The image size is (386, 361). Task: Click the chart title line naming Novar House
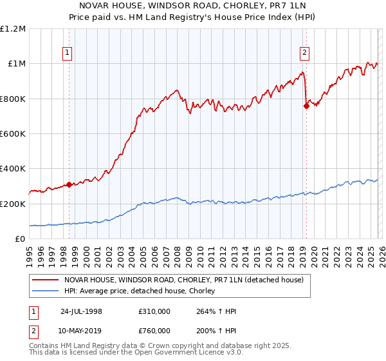[x=192, y=6]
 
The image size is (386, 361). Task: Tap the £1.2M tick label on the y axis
[x=13, y=29]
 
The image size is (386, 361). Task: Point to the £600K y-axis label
[x=13, y=134]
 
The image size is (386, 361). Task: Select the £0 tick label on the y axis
[x=21, y=239]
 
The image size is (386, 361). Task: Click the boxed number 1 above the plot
[x=68, y=54]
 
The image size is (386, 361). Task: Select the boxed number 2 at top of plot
[x=304, y=54]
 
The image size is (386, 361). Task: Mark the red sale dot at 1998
[x=69, y=184]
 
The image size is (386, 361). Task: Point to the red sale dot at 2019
[x=306, y=106]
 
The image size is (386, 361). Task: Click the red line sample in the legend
[x=46, y=280]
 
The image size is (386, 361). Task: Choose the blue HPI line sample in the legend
[x=46, y=291]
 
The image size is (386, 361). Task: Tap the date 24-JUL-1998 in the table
[x=81, y=311]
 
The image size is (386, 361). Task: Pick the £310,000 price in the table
[x=154, y=311]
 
